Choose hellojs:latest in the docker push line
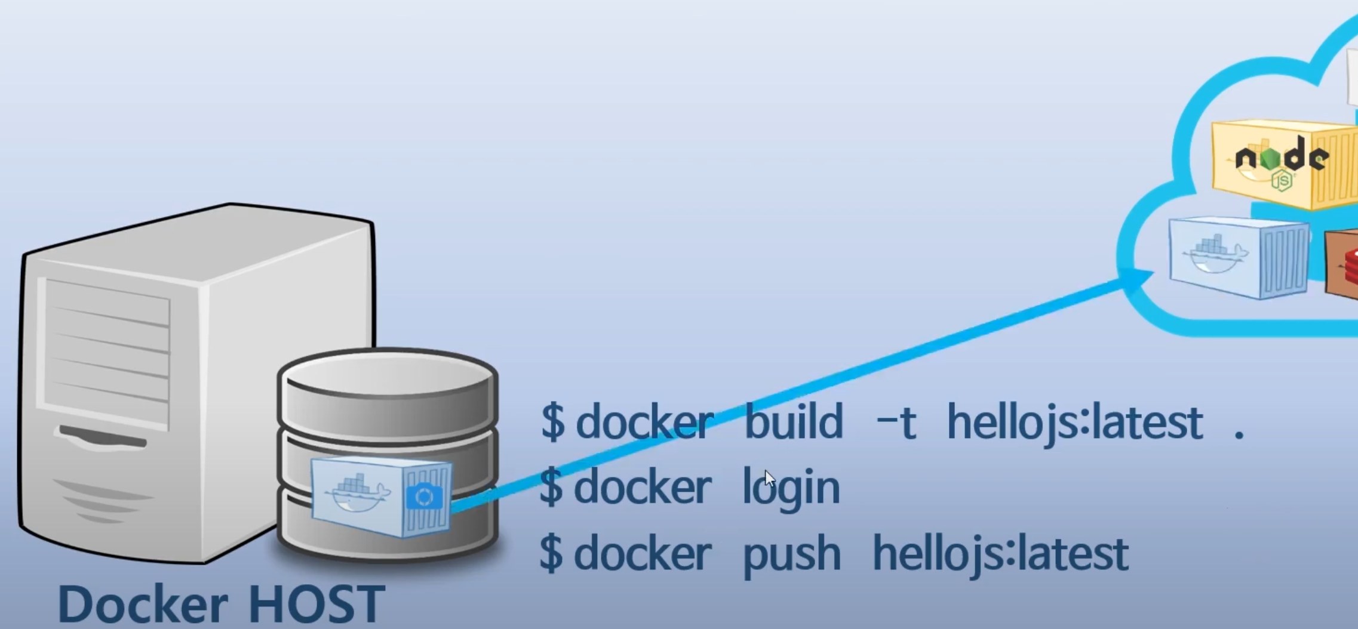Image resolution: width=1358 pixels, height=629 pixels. pyautogui.click(x=1001, y=554)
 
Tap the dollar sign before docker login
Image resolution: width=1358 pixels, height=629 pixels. pyautogui.click(x=551, y=487)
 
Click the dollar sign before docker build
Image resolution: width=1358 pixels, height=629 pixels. pyautogui.click(x=552, y=421)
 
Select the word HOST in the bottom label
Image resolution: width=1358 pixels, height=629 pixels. pyautogui.click(x=316, y=604)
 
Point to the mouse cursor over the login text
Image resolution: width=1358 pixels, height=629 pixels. pyautogui.click(x=769, y=479)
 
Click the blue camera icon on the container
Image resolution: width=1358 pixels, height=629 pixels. pyautogui.click(x=425, y=497)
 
